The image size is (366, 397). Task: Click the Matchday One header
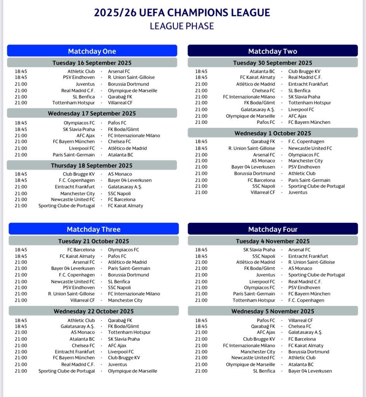coord(92,51)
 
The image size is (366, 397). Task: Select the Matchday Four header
coord(273,229)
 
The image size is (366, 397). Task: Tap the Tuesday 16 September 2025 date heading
coord(92,63)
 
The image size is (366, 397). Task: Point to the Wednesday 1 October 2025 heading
coord(273,133)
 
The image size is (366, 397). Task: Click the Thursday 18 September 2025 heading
coord(92,166)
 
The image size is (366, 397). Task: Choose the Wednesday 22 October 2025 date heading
coord(93,311)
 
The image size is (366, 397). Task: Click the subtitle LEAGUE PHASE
coord(182,26)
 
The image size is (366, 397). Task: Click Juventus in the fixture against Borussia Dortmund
coord(85,84)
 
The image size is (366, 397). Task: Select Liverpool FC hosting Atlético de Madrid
coord(82,148)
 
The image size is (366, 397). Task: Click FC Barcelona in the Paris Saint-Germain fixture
coord(261,180)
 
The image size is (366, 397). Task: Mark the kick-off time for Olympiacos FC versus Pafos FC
coord(21,123)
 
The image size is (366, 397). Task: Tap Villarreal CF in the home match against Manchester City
coord(83,300)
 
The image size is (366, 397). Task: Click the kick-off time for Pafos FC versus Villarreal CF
coord(201,321)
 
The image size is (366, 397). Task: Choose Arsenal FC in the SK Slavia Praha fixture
coord(299,250)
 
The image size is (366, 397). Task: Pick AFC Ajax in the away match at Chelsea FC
coord(117,345)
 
